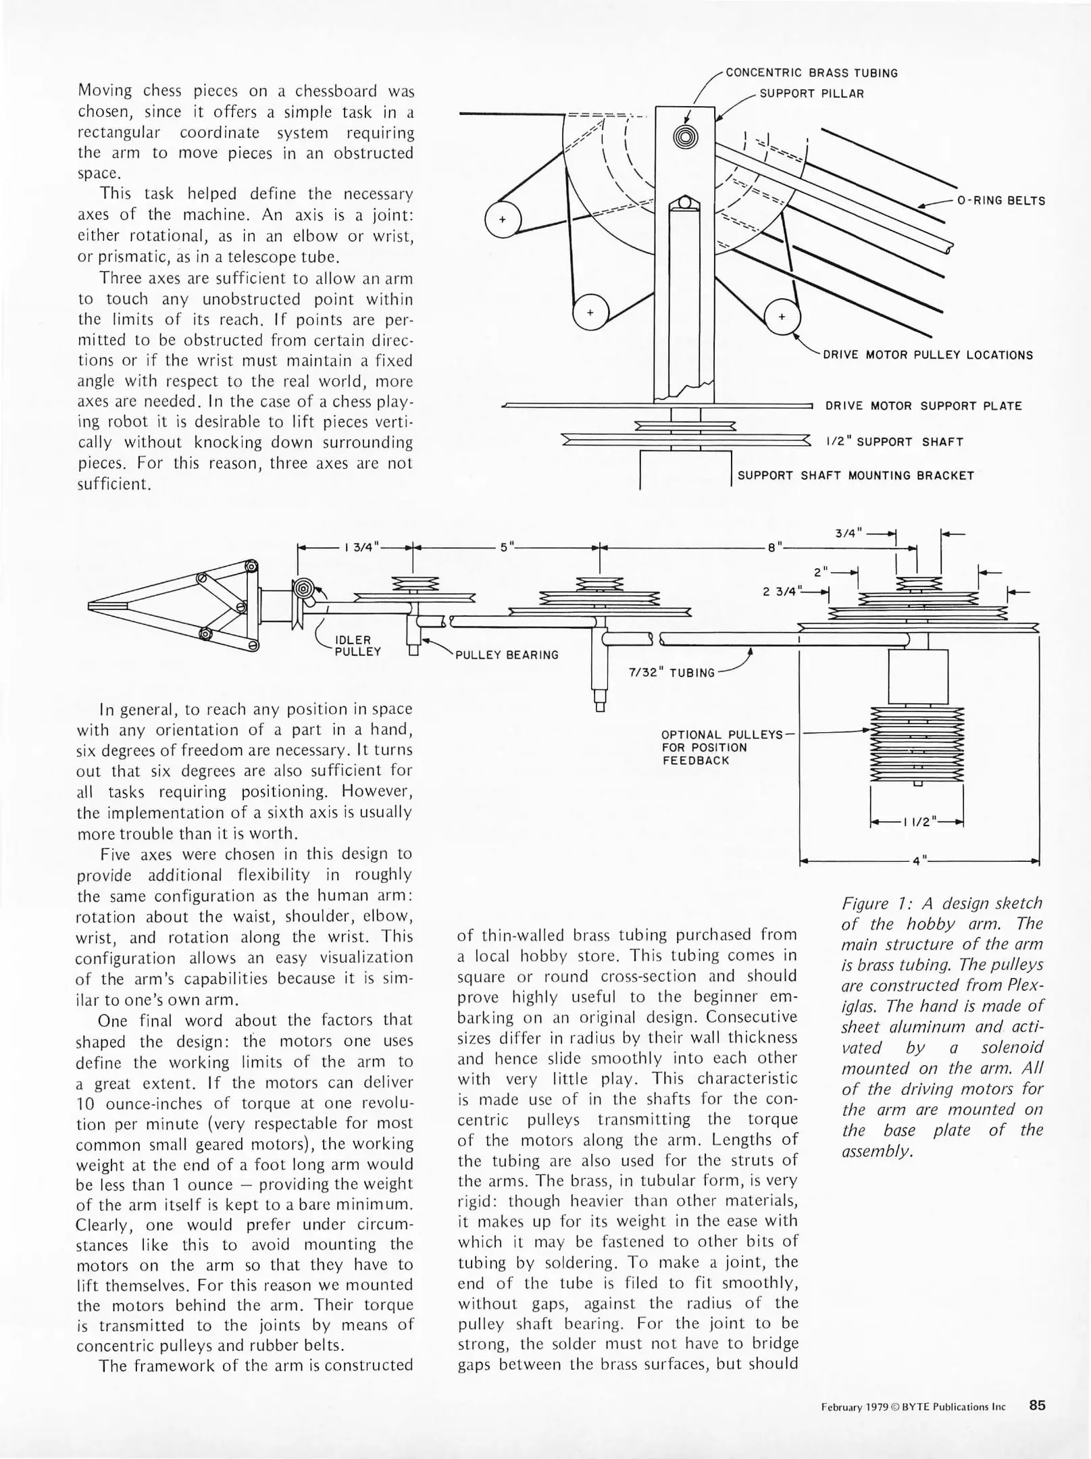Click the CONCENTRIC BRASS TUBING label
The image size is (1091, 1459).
tap(811, 73)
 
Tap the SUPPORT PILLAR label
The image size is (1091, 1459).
tap(811, 94)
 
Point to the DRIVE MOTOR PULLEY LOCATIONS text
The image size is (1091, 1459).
tap(928, 355)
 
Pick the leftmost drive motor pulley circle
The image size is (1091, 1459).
tap(503, 220)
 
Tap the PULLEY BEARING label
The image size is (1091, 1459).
tap(507, 655)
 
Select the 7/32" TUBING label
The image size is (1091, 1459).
tap(671, 673)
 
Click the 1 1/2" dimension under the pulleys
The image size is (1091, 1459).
tap(918, 822)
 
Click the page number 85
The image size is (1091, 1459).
tap(1037, 1406)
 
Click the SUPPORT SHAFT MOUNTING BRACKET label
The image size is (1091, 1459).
tap(855, 476)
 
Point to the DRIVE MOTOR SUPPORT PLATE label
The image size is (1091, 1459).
tap(923, 406)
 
